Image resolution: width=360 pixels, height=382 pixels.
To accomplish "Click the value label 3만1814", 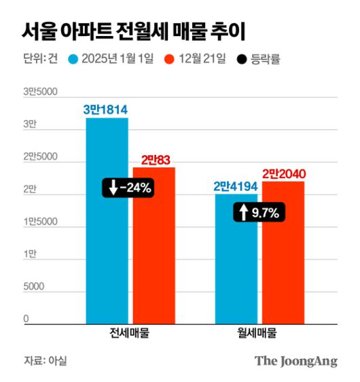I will [106, 109].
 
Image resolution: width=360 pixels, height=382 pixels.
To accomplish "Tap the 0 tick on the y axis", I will [26, 319].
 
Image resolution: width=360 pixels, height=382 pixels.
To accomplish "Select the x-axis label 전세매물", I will [129, 334].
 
